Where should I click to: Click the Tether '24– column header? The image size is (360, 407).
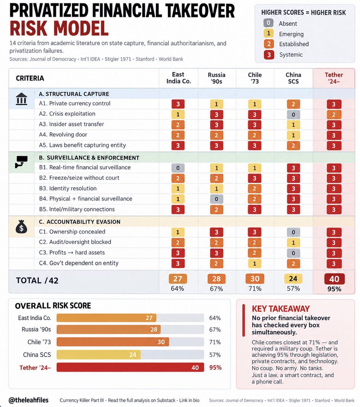(x=334, y=78)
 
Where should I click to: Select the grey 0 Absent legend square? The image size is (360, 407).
(x=268, y=23)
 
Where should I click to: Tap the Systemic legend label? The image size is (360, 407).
(x=291, y=55)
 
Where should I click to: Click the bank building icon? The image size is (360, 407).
(x=21, y=99)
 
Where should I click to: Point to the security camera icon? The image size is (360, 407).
(x=21, y=161)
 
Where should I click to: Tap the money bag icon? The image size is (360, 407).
(x=21, y=227)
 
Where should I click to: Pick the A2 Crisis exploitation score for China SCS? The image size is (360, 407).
(x=293, y=115)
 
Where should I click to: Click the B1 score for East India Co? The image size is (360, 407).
(x=178, y=168)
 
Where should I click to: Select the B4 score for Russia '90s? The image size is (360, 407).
(x=216, y=199)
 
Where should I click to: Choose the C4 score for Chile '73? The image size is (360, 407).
(x=254, y=264)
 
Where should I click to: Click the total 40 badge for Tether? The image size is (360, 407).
(x=334, y=279)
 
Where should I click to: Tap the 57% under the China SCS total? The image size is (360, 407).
(x=293, y=289)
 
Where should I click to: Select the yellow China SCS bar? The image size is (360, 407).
(x=98, y=354)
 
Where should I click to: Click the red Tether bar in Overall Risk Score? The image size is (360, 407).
(x=130, y=367)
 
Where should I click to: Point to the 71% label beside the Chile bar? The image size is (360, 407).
(x=215, y=342)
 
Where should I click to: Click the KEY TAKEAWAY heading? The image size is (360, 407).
(x=281, y=309)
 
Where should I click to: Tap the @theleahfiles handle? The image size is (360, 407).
(x=28, y=400)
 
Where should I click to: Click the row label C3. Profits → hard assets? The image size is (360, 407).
(x=72, y=253)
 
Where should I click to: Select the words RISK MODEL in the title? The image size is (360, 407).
(x=59, y=28)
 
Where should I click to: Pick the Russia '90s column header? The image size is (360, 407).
(x=217, y=78)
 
